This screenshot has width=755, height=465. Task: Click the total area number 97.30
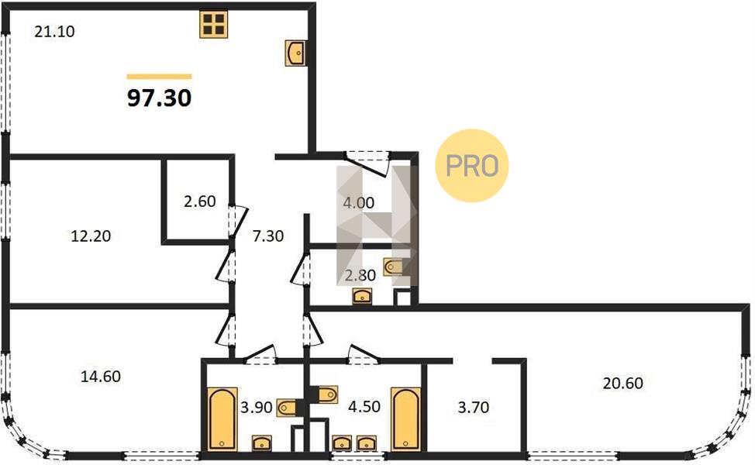(x=160, y=98)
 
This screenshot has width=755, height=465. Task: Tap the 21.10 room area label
(x=54, y=32)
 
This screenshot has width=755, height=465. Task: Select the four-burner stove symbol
(x=214, y=24)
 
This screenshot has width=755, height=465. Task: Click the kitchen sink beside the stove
(x=295, y=53)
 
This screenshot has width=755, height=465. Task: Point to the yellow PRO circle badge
(x=472, y=166)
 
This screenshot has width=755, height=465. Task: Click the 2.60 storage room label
(x=200, y=201)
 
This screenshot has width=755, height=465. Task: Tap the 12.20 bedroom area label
(x=91, y=236)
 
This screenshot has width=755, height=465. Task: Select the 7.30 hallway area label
(x=268, y=236)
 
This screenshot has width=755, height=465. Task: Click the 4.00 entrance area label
(x=359, y=202)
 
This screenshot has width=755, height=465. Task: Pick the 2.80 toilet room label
(x=360, y=275)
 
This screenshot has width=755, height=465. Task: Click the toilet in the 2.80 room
(x=393, y=267)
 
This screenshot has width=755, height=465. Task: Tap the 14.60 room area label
(x=101, y=376)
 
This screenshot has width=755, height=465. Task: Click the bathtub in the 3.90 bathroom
(x=222, y=418)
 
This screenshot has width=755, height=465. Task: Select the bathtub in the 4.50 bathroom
(x=406, y=418)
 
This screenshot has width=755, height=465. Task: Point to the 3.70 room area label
(x=474, y=408)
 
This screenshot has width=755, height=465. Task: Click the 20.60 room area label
(x=623, y=383)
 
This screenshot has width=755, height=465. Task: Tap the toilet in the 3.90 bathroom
(x=287, y=407)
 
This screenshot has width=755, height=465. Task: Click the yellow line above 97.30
(x=160, y=77)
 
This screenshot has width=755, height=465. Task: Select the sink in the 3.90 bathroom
(x=262, y=443)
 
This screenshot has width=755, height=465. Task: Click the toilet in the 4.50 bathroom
(x=327, y=394)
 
